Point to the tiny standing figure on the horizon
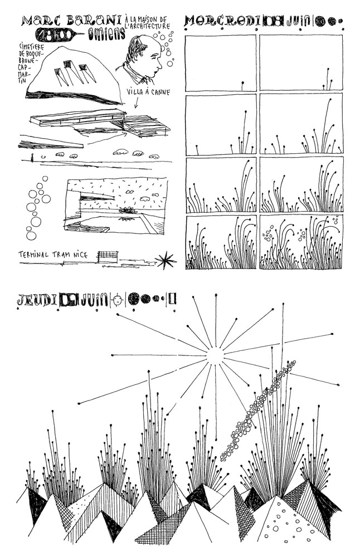33,158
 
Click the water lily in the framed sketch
126,211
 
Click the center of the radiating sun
215,355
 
